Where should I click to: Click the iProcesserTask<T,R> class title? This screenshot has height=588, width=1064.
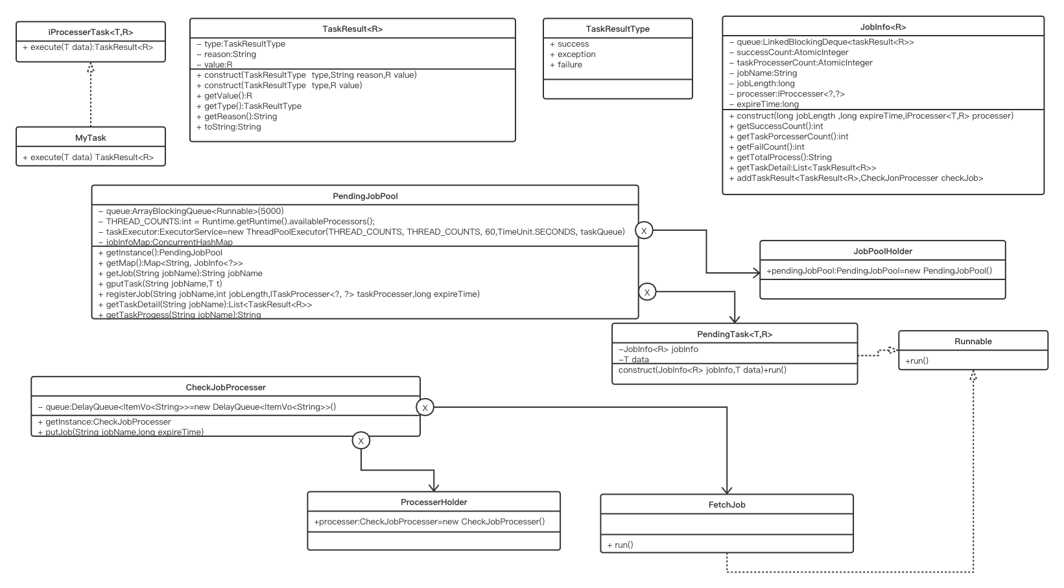pyautogui.click(x=91, y=32)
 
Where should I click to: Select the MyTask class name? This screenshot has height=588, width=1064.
pyautogui.click(x=91, y=137)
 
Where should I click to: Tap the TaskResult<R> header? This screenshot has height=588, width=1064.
pyautogui.click(x=352, y=29)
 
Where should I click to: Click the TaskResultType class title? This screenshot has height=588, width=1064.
pyautogui.click(x=617, y=29)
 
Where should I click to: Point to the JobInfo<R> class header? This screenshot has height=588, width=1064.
pyautogui.click(x=883, y=27)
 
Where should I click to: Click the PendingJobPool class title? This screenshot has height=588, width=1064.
pyautogui.click(x=364, y=196)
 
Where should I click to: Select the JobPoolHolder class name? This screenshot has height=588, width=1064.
pyautogui.click(x=882, y=251)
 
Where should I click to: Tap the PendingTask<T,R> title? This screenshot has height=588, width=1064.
pyautogui.click(x=735, y=335)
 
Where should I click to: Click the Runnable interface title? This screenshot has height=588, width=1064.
pyautogui.click(x=973, y=342)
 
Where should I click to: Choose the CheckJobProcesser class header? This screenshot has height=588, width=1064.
pyautogui.click(x=226, y=388)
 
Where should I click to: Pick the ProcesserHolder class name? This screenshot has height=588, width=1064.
pyautogui.click(x=434, y=502)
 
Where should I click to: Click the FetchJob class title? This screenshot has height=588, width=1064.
pyautogui.click(x=727, y=505)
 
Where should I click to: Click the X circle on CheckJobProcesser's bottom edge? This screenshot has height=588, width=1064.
pyautogui.click(x=361, y=441)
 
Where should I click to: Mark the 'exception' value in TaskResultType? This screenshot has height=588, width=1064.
pyautogui.click(x=576, y=54)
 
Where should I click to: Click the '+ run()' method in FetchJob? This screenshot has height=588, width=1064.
pyautogui.click(x=620, y=545)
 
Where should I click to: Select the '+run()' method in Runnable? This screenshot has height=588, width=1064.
pyautogui.click(x=917, y=360)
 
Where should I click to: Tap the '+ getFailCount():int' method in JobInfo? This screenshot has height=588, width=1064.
pyautogui.click(x=771, y=147)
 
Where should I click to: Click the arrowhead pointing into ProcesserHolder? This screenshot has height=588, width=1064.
pyautogui.click(x=433, y=488)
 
